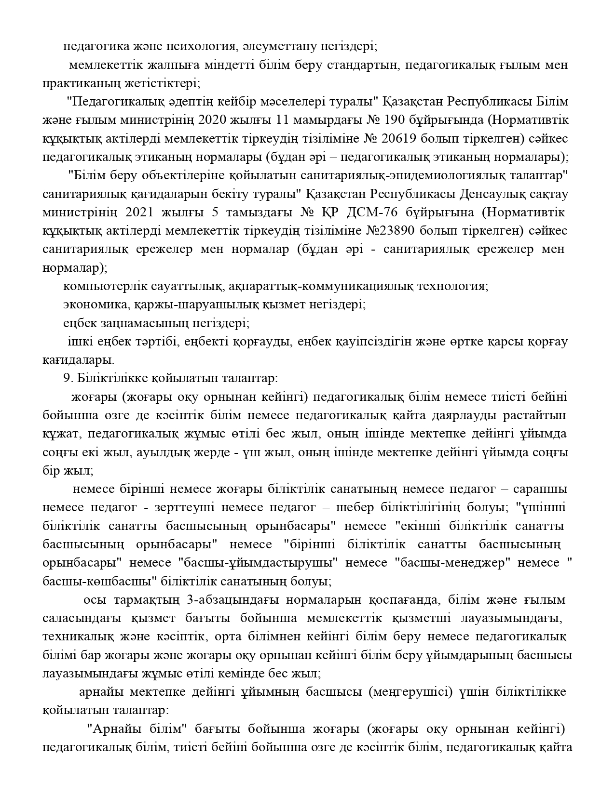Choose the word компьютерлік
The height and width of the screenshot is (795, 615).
(x=99, y=286)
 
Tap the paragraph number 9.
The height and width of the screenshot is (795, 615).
(x=67, y=378)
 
